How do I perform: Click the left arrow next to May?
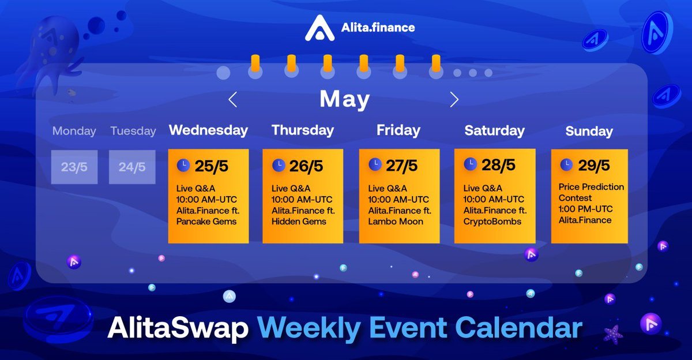click(232, 100)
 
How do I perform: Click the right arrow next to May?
click(454, 100)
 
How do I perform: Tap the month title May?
click(344, 99)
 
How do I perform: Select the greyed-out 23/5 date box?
click(74, 167)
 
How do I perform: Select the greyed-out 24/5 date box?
click(132, 167)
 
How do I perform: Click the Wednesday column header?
click(208, 130)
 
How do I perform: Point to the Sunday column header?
click(589, 132)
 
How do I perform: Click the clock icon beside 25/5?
click(183, 166)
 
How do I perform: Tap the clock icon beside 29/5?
click(566, 165)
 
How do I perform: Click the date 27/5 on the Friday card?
click(401, 166)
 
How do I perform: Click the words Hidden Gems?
click(299, 222)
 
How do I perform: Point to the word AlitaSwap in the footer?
click(178, 329)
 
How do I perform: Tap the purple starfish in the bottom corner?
click(612, 334)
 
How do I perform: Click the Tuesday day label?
click(133, 131)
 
